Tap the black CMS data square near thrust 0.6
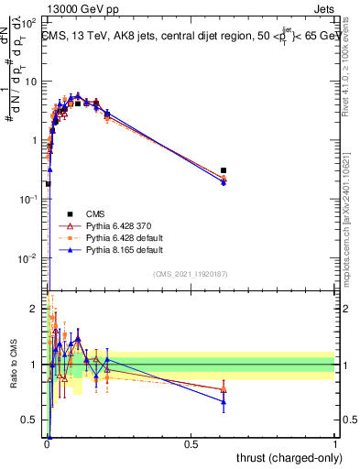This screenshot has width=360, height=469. pyautogui.click(x=224, y=170)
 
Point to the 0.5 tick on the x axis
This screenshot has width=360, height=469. pyautogui.click(x=191, y=443)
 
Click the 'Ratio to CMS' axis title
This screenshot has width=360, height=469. pyautogui.click(x=12, y=365)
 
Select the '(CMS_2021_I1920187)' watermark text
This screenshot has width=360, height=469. pyautogui.click(x=191, y=274)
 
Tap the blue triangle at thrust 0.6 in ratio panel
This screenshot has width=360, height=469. pyautogui.click(x=224, y=401)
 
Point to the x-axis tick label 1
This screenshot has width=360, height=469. pyautogui.click(x=335, y=443)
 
